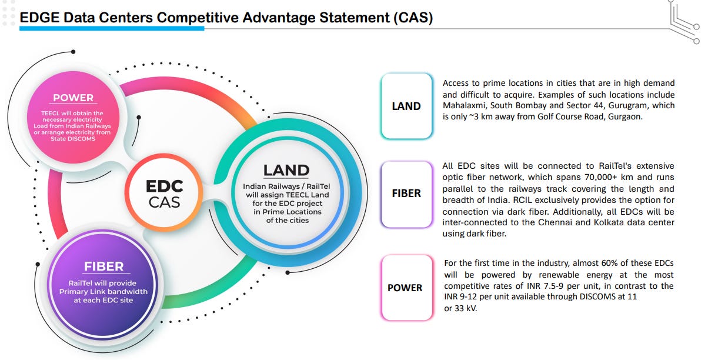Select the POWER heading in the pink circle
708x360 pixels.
coord(73,98)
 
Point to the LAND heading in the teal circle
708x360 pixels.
coord(286,171)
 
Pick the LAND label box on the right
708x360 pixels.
coord(406,106)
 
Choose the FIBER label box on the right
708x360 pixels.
coord(406,194)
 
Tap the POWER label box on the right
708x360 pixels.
coord(405,288)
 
